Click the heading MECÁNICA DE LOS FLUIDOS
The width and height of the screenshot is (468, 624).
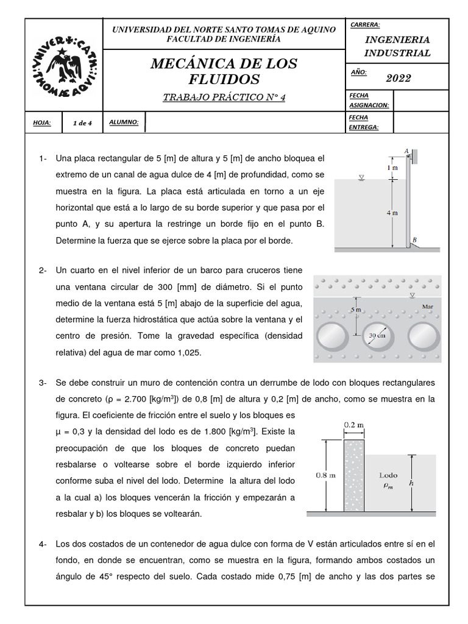[x=224, y=71]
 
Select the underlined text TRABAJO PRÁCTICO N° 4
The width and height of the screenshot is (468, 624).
[x=224, y=97]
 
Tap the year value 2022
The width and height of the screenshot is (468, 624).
[x=399, y=78]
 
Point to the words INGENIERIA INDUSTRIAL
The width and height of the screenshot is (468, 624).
[x=397, y=46]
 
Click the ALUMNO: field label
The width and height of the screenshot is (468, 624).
[x=124, y=122]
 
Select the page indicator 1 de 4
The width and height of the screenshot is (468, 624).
[x=82, y=123]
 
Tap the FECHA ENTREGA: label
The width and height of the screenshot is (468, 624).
[x=364, y=122]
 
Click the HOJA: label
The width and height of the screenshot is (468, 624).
[x=42, y=123]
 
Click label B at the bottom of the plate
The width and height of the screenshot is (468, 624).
[x=414, y=239]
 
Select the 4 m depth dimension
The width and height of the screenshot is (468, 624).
[x=392, y=213]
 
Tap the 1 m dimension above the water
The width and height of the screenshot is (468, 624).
[x=392, y=167]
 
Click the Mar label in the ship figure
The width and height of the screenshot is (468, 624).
[x=428, y=307]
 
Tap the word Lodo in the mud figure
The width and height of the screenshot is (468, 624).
[x=388, y=474]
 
